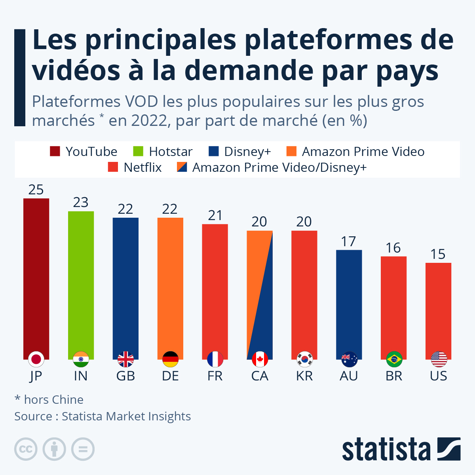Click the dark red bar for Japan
pyautogui.click(x=36, y=277)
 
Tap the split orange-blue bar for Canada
pyautogui.click(x=260, y=293)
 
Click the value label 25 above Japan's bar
pyautogui.click(x=36, y=190)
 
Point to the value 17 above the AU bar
pyautogui.click(x=349, y=241)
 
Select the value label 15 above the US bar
pyautogui.click(x=438, y=254)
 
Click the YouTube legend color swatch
pyautogui.click(x=55, y=152)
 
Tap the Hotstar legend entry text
pyautogui.click(x=171, y=152)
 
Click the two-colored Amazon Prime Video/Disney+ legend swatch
pyautogui.click(x=182, y=167)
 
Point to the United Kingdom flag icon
pyautogui.click(x=125, y=359)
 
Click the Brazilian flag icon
pyautogui.click(x=394, y=359)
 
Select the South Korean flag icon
pyautogui.click(x=304, y=359)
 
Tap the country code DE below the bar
pyautogui.click(x=170, y=376)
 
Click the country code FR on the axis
pyautogui.click(x=215, y=376)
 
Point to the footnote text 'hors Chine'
pyautogui.click(x=53, y=400)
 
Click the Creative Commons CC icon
pyautogui.click(x=26, y=449)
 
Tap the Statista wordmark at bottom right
pyautogui.click(x=386, y=449)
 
